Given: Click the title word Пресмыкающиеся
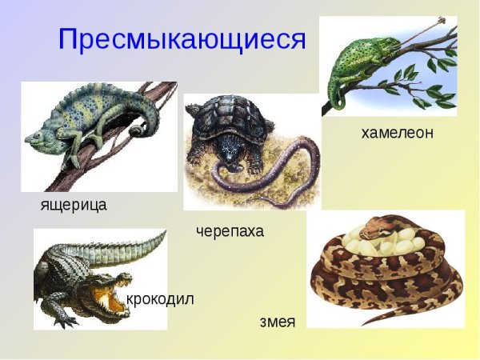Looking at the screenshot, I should coord(182,39).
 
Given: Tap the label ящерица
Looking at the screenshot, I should coord(74,205).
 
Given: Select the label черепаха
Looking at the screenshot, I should coord(230,232).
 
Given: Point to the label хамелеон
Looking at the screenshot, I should coord(398,133).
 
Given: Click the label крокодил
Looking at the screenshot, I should coord(160,300).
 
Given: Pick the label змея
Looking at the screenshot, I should coord(278,322).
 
